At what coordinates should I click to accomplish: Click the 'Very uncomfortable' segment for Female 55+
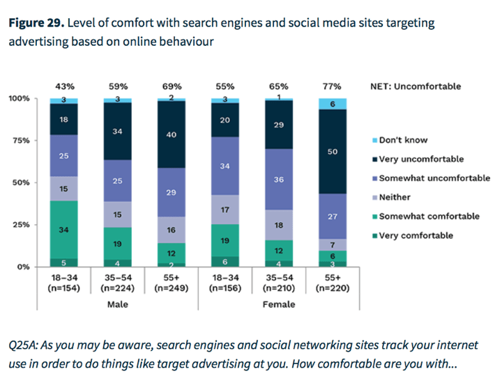pyautogui.click(x=333, y=151)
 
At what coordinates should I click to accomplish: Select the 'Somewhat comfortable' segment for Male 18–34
pyautogui.click(x=63, y=230)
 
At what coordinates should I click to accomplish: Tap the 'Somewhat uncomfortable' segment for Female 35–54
pyautogui.click(x=279, y=179)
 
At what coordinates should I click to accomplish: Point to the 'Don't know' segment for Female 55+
pyautogui.click(x=333, y=104)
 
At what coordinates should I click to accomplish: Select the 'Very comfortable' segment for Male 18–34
pyautogui.click(x=63, y=263)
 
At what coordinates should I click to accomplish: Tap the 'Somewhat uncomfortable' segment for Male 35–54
pyautogui.click(x=118, y=181)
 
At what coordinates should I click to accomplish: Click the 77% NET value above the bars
pyautogui.click(x=333, y=86)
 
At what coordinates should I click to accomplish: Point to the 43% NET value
pyautogui.click(x=64, y=86)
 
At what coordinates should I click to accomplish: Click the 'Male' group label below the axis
pyautogui.click(x=119, y=304)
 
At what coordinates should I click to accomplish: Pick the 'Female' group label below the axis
pyautogui.click(x=279, y=304)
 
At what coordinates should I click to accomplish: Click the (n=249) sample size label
pyautogui.click(x=172, y=289)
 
